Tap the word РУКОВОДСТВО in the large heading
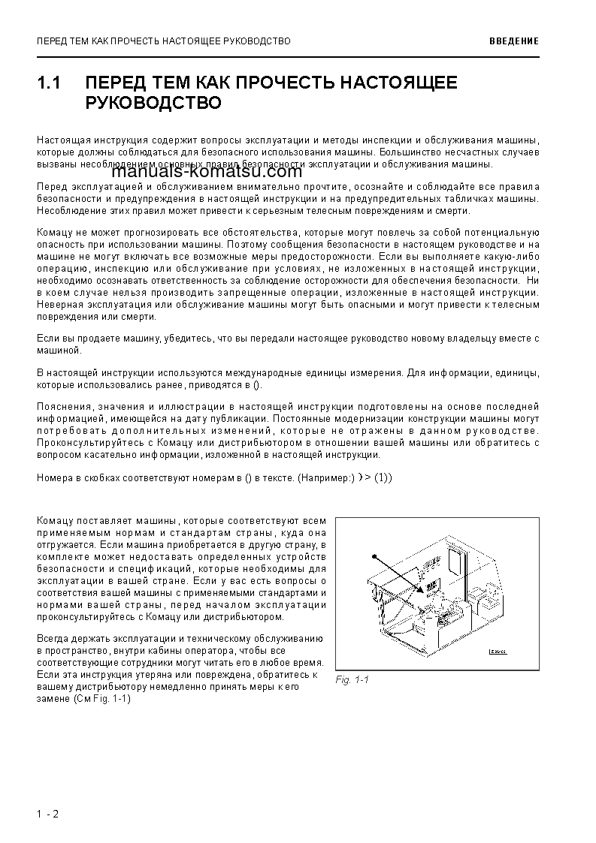pyautogui.click(x=153, y=102)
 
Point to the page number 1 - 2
pyautogui.click(x=47, y=814)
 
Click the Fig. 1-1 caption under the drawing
pyautogui.click(x=352, y=679)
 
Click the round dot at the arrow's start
pyautogui.click(x=372, y=557)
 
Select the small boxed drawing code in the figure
pyautogui.click(x=498, y=652)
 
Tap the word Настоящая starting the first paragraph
pyautogui.click(x=61, y=140)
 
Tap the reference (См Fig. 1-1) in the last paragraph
pyautogui.click(x=102, y=698)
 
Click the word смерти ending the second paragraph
pyautogui.click(x=452, y=212)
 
